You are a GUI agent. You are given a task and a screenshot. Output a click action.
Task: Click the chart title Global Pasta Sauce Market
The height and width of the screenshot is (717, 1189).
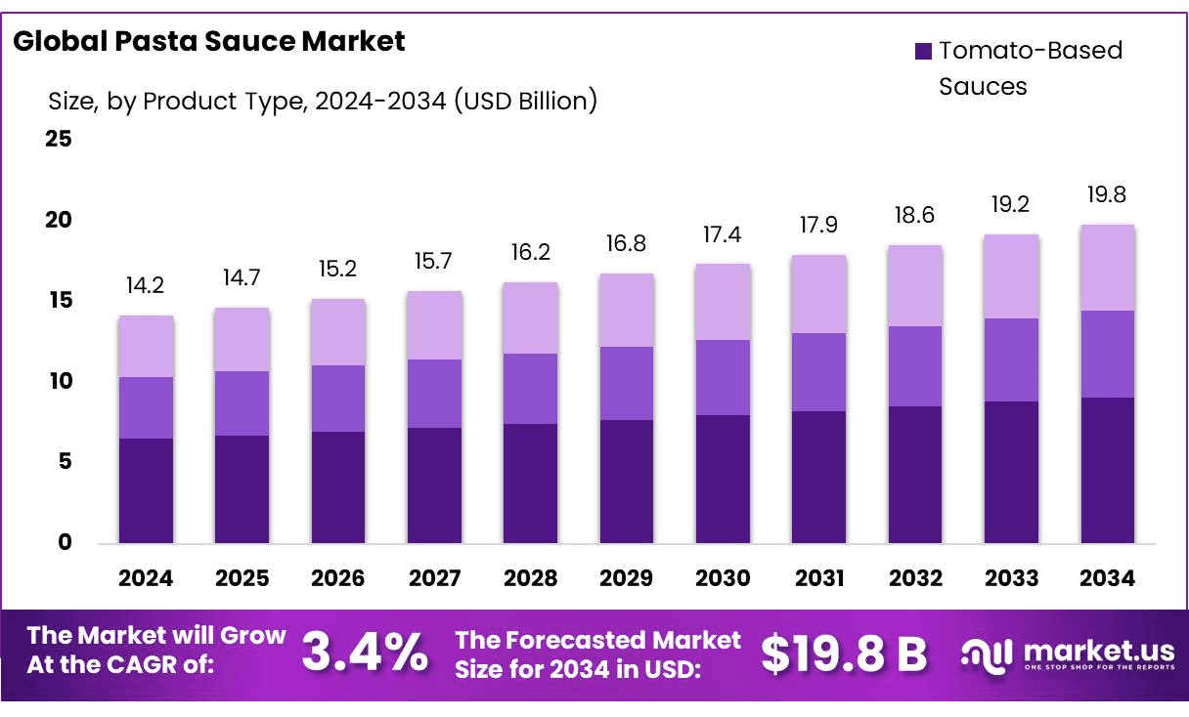[209, 41]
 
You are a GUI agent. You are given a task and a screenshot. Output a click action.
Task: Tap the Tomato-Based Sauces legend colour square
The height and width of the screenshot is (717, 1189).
[923, 52]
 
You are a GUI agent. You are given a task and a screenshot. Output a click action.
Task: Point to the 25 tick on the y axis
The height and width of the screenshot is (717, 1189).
[59, 139]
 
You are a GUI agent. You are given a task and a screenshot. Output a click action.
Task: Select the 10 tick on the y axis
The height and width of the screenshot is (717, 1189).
[59, 381]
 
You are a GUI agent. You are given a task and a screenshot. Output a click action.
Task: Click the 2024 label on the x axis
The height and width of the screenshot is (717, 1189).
[146, 578]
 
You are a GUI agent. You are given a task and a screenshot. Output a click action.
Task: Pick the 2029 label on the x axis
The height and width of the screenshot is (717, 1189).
[627, 578]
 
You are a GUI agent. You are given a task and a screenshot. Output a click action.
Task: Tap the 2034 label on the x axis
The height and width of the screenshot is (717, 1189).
[1108, 578]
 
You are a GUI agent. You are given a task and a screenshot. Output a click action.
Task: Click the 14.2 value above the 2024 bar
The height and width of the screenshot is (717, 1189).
[146, 285]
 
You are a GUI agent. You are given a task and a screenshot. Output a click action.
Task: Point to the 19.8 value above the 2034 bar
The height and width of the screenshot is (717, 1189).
[1107, 194]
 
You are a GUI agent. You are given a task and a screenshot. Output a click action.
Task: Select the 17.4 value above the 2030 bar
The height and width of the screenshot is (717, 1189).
[723, 233]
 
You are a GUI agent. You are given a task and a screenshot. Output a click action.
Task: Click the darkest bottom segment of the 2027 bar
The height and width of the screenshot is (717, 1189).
[434, 485]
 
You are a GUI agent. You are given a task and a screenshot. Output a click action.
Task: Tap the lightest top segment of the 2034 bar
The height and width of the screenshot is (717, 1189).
[1107, 268]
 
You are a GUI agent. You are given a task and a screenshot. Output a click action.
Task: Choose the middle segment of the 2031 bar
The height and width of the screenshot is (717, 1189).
[818, 372]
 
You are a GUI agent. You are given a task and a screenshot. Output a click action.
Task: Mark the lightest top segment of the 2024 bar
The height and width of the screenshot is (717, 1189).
[146, 346]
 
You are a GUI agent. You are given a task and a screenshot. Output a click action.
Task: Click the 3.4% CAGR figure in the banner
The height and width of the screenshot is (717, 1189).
[364, 653]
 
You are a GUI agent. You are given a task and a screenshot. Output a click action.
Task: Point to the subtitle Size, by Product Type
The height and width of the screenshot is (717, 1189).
[323, 101]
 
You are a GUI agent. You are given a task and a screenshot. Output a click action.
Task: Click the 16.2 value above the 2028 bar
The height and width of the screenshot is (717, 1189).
[530, 252]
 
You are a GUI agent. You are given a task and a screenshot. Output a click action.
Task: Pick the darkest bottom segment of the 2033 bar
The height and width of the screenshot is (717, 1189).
[1011, 472]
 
